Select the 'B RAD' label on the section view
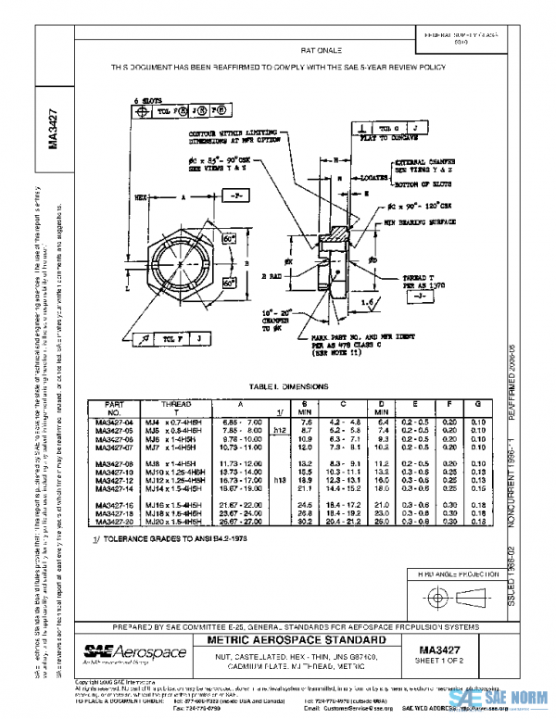point(270,276)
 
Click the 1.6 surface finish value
point(370,302)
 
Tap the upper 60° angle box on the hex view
point(228,240)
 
